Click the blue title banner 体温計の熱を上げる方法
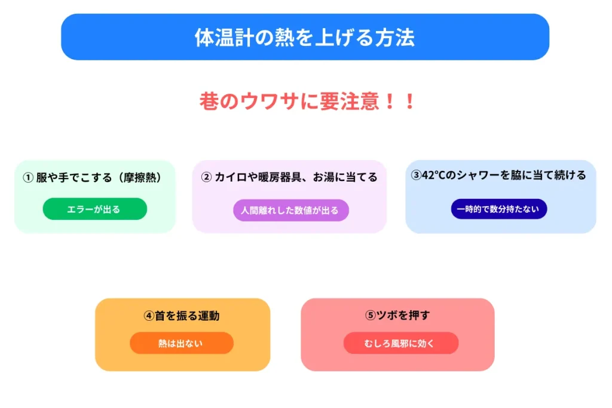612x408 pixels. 305,37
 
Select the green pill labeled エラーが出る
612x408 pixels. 94,209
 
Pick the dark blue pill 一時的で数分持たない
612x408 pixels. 498,209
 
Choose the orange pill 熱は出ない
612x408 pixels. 181,343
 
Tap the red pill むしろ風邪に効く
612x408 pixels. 400,343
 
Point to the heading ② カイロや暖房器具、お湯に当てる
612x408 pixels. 289,177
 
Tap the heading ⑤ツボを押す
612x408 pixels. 397,315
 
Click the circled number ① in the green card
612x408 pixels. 27,177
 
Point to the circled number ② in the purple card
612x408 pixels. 206,177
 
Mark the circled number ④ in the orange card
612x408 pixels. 149,316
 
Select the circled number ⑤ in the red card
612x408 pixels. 371,315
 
